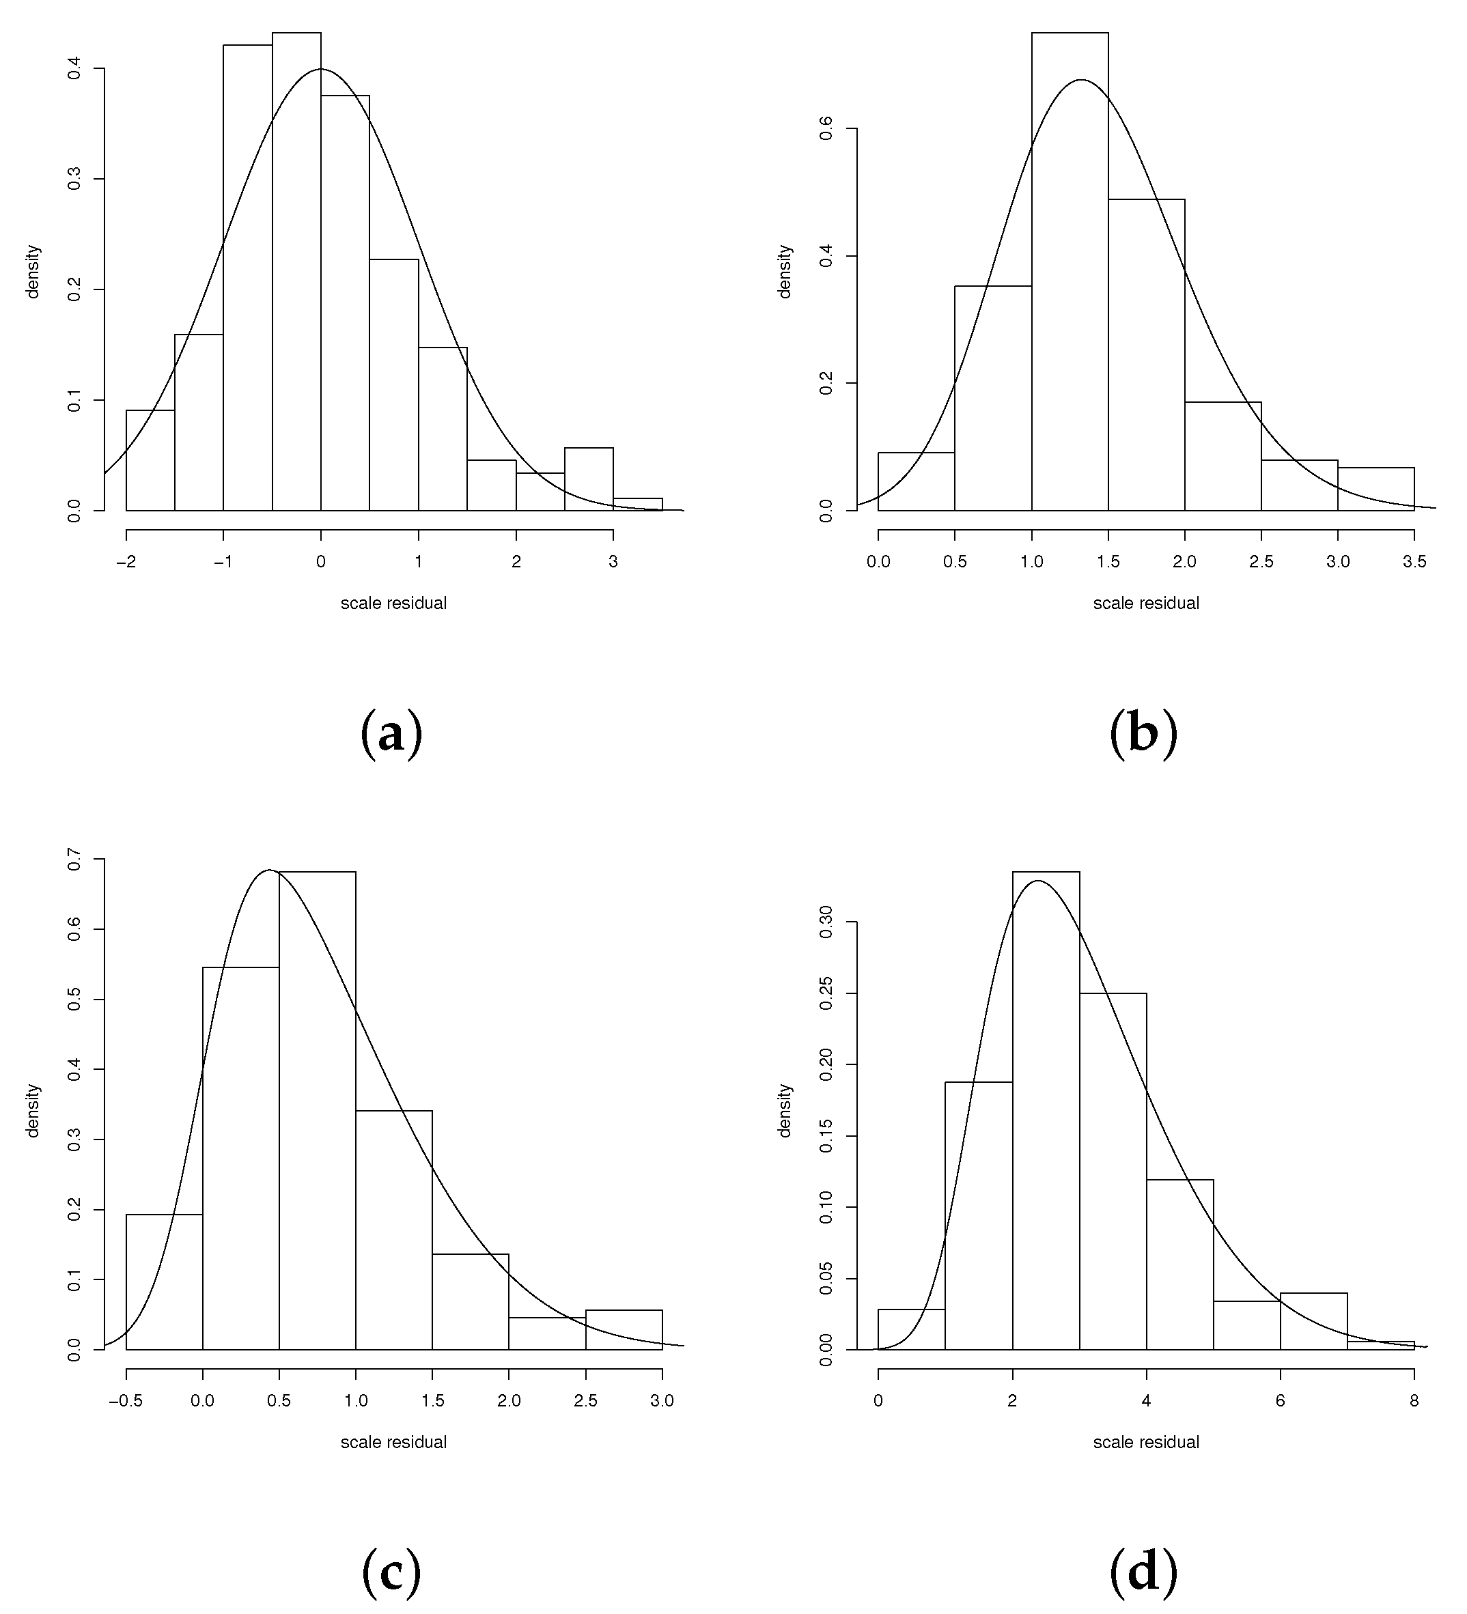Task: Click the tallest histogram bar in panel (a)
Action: pyautogui.click(x=296, y=272)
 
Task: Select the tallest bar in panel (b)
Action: pyautogui.click(x=1070, y=272)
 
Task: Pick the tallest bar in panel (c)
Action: pyautogui.click(x=317, y=1113)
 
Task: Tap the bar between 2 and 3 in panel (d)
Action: pyautogui.click(x=1046, y=1113)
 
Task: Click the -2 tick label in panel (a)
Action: pyautogui.click(x=126, y=562)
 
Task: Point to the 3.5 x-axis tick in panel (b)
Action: pyautogui.click(x=1414, y=562)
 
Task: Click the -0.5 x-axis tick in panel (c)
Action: pyautogui.click(x=126, y=1401)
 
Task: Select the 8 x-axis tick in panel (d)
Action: pyautogui.click(x=1414, y=1401)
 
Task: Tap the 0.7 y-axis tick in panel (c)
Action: pyautogui.click(x=74, y=860)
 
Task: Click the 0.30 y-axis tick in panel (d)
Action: pyautogui.click(x=827, y=922)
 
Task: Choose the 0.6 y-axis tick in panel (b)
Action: pyautogui.click(x=827, y=128)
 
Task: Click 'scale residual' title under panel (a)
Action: pyautogui.click(x=393, y=604)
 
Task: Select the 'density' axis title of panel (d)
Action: pyautogui.click(x=785, y=1109)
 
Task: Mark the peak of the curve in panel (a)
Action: pyautogui.click(x=320, y=69)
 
